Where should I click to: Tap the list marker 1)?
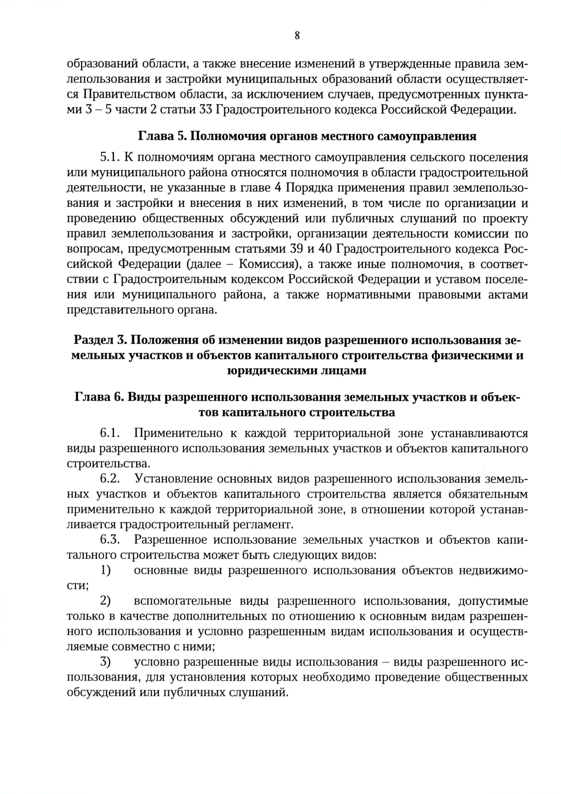tap(106, 570)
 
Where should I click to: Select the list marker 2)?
tap(106, 601)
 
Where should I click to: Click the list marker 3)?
tap(106, 663)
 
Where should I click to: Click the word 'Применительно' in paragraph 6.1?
tap(180, 433)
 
